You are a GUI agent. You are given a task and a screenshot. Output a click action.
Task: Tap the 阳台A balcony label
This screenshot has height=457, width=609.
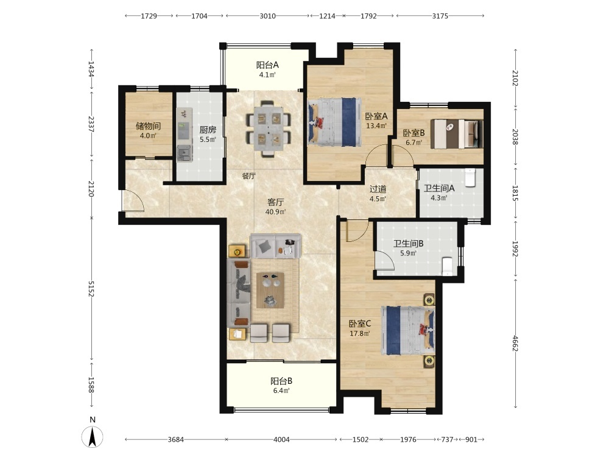point(267,65)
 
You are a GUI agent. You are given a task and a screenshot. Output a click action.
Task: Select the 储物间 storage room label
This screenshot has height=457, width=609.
point(148,126)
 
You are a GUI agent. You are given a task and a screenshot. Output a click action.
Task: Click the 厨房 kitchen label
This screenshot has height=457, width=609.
point(208,129)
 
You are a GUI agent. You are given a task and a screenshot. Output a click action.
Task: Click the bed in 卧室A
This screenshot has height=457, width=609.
point(334,122)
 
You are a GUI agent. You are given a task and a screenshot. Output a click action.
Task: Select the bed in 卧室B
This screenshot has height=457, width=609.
point(457,133)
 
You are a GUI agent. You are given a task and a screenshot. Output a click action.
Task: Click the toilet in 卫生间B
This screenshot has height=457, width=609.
point(448,266)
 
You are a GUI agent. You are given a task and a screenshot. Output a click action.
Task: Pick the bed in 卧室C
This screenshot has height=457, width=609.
point(408,330)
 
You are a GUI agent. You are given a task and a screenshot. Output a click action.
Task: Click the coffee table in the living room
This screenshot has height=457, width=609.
point(270,290)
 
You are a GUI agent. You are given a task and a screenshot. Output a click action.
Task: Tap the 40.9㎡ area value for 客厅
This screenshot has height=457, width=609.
point(275,212)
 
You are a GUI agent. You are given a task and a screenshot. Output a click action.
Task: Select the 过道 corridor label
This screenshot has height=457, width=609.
point(378,189)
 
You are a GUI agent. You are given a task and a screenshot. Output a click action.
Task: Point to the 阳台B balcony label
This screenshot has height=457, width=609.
point(281,381)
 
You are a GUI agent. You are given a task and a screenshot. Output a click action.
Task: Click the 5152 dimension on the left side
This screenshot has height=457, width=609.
point(91,289)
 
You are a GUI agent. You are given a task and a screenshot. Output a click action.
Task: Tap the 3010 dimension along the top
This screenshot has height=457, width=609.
point(267,16)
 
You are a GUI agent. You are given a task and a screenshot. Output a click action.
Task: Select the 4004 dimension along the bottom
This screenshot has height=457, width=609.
point(281,439)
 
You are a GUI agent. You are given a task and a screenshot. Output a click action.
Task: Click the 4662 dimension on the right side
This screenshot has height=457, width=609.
point(515,343)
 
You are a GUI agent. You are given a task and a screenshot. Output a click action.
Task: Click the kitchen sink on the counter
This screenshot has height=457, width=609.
point(185,153)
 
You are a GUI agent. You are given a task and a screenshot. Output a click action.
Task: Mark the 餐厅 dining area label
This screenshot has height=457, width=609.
point(248,176)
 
